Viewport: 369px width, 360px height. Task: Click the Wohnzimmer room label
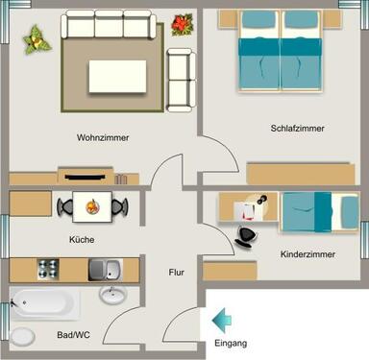tap(103, 137)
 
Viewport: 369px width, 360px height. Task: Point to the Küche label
tap(82, 239)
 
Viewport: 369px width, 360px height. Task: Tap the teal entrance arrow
tap(222, 318)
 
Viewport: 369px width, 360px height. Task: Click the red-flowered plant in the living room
tap(181, 25)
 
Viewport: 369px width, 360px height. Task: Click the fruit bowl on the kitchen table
tap(92, 204)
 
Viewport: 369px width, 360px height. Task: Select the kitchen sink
tap(105, 270)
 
